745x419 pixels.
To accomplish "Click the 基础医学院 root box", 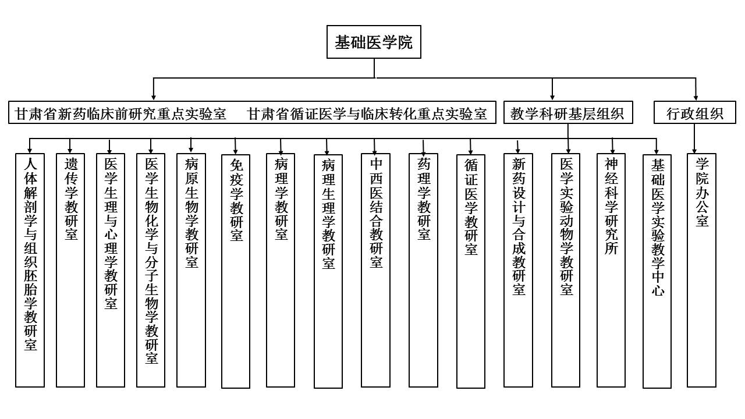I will [374, 42].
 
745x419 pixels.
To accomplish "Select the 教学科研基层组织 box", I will [567, 113].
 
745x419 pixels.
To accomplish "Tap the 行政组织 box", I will [694, 113].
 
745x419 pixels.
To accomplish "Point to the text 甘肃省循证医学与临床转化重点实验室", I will [367, 113].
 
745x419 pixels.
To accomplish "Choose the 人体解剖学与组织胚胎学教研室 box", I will [30, 270].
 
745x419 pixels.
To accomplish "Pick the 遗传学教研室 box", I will [70, 270].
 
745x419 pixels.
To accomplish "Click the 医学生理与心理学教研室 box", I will [111, 270].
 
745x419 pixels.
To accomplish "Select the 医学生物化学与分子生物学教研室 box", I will [151, 270].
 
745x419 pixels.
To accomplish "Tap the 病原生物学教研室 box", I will [191, 270].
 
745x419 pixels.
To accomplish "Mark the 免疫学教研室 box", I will [236, 271].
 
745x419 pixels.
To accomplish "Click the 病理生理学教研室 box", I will [328, 271].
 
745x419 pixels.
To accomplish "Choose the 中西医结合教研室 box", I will [375, 270].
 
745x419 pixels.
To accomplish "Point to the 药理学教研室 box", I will [423, 270].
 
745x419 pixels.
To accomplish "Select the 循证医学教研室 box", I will [471, 271].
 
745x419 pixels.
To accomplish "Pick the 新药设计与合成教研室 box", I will [518, 270].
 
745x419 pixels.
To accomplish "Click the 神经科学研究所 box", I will [611, 270].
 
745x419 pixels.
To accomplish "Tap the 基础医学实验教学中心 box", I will [657, 271].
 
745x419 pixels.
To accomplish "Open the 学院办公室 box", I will [701, 270].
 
